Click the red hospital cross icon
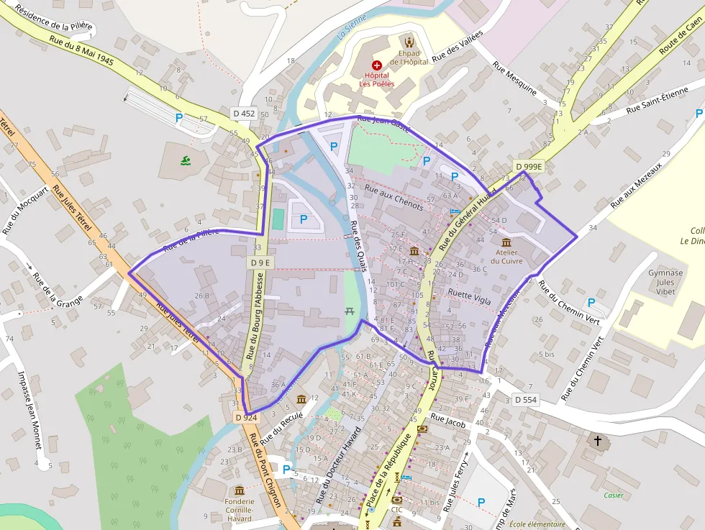pos(377,65)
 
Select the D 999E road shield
pos(529,166)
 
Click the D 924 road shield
pos(246,417)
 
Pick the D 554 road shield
pos(526,399)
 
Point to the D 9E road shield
pos(261,262)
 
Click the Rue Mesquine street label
pos(514,78)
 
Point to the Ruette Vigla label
pos(469,296)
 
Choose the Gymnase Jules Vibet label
pos(665,283)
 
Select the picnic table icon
pos(350,311)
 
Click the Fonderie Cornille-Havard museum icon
pos(240,490)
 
